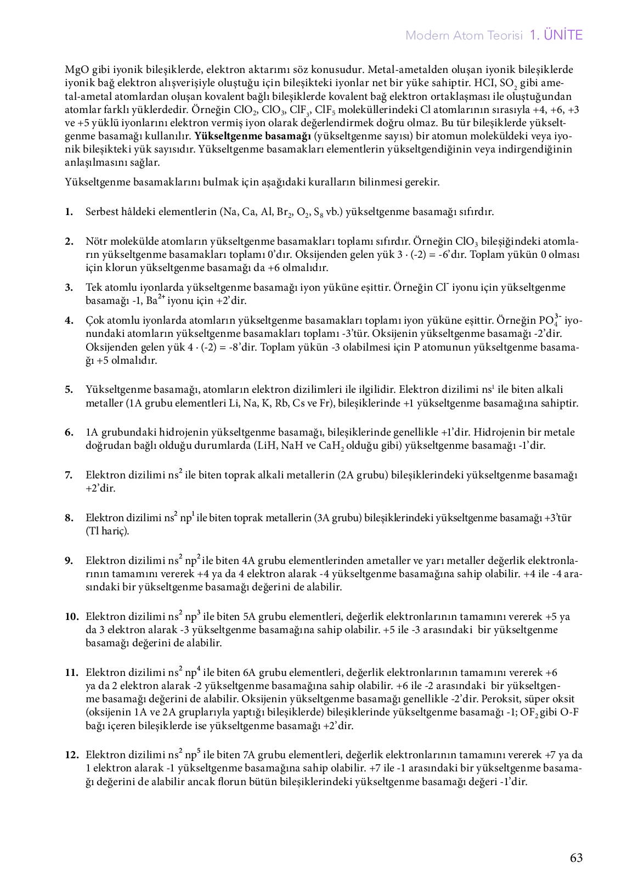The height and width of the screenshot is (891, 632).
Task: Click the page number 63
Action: (x=576, y=858)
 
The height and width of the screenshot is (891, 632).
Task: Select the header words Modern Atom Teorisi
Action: (x=464, y=36)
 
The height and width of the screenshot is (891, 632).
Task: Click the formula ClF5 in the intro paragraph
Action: (x=326, y=110)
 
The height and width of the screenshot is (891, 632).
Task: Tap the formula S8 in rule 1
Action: (x=318, y=212)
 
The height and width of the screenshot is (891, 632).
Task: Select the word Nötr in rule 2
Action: (x=96, y=241)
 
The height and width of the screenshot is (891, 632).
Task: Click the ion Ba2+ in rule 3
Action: (x=156, y=301)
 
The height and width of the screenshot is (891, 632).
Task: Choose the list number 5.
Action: (x=69, y=390)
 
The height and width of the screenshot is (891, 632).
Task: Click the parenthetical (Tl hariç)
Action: (x=108, y=531)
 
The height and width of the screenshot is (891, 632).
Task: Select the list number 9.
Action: (x=69, y=561)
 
